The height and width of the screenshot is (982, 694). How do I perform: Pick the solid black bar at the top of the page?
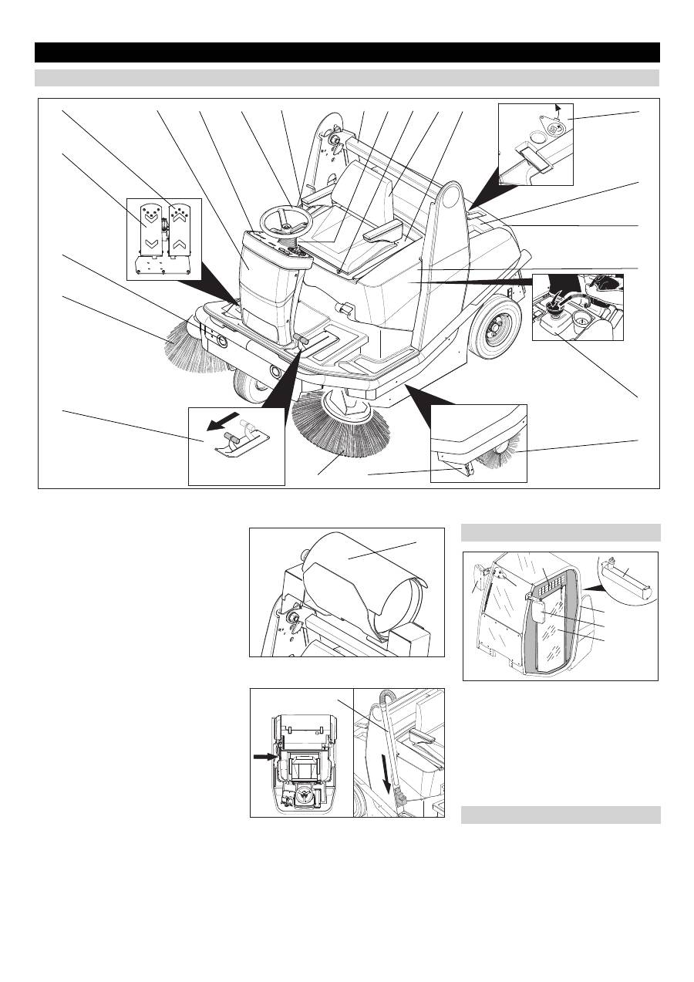(x=347, y=52)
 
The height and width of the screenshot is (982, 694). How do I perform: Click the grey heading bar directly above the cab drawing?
(x=561, y=532)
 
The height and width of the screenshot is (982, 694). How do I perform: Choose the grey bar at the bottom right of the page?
(x=561, y=815)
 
